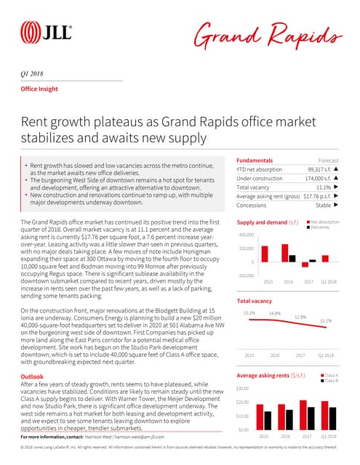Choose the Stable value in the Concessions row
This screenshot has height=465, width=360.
click(321, 205)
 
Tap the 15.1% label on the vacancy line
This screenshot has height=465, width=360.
click(249, 313)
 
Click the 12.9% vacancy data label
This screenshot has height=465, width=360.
click(300, 317)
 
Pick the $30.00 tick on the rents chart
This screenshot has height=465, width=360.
click(244, 388)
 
